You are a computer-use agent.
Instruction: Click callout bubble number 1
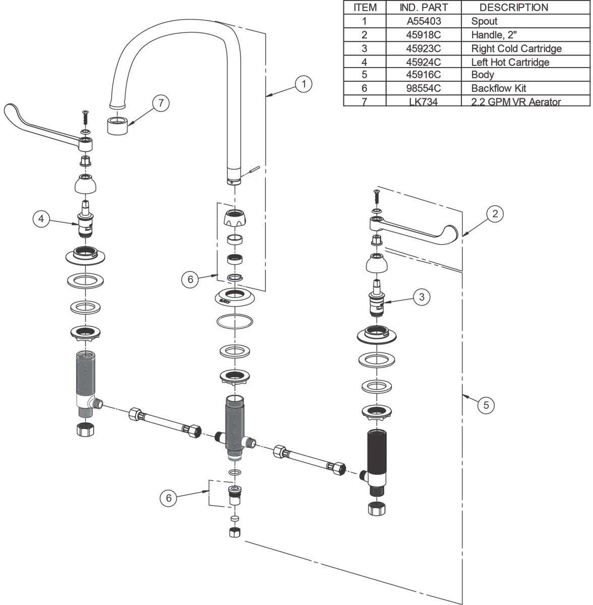coord(304,83)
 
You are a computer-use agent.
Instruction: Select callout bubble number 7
coord(161,103)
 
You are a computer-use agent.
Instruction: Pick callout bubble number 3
coord(422,297)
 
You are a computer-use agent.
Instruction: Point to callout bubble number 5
coord(486,404)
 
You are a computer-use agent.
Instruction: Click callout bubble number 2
coord(495,214)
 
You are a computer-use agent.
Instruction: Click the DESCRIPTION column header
coord(513,8)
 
